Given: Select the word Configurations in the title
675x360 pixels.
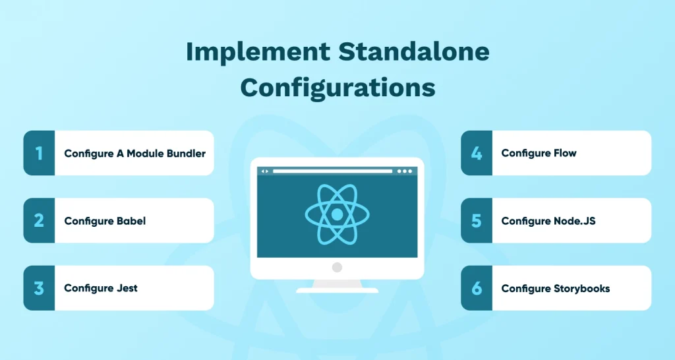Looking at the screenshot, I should [x=337, y=87].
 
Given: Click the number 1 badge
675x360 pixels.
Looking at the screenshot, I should [x=39, y=153].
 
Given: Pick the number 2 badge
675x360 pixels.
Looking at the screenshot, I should [x=39, y=220].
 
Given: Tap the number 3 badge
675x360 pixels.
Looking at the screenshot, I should [x=39, y=288].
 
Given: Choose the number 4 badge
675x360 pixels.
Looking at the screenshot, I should [x=477, y=153].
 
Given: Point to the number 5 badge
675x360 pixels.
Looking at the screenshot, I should [x=477, y=220].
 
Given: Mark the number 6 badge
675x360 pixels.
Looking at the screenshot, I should [x=477, y=288].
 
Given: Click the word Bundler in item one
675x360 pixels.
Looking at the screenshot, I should [x=185, y=153].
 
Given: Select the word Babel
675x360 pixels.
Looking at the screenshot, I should [x=131, y=221].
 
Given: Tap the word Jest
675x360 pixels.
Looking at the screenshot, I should [x=127, y=288].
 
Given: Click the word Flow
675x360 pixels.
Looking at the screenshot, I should [x=565, y=153].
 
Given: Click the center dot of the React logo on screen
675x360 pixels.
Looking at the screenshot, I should [x=337, y=215].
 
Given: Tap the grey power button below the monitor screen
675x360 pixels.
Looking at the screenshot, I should [x=337, y=268].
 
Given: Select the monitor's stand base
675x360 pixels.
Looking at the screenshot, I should [x=337, y=289].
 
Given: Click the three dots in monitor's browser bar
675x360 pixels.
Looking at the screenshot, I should [x=404, y=171].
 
